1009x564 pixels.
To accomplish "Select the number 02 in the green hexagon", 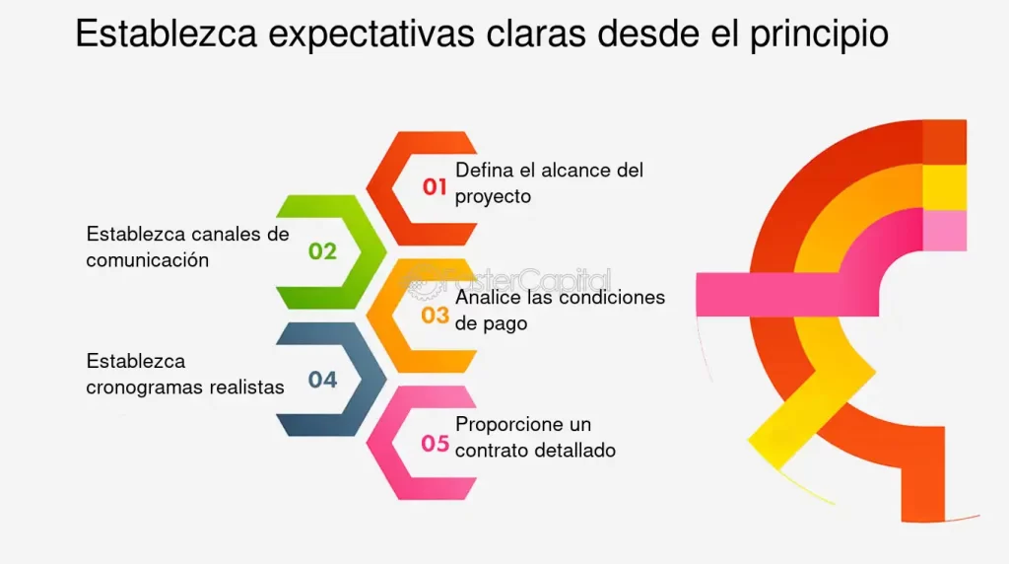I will click(x=322, y=251).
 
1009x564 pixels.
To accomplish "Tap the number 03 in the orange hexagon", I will click(x=436, y=316).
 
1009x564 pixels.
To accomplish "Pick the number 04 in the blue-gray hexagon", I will click(x=322, y=380).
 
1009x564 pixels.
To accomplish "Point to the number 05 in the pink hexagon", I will click(x=436, y=444).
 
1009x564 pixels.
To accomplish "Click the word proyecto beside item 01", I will click(x=493, y=196).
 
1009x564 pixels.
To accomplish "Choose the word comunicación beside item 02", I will click(x=148, y=260).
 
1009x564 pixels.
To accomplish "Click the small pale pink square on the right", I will click(x=945, y=231).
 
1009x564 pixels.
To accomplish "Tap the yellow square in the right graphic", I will click(x=945, y=187).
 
